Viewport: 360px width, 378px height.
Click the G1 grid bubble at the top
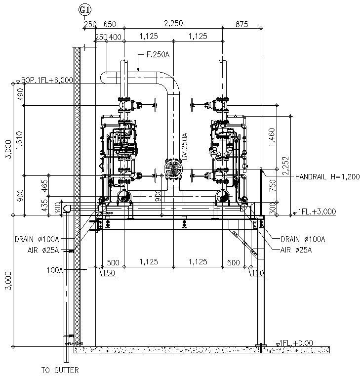[x=84, y=8]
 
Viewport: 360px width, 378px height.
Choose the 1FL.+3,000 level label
[x=317, y=211]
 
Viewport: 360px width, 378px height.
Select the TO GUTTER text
[x=59, y=370]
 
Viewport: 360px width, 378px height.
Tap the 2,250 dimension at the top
[x=174, y=23]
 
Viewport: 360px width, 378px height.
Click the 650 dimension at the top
[x=110, y=23]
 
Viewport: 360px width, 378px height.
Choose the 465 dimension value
[x=45, y=185]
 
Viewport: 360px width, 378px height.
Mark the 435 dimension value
[x=45, y=207]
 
